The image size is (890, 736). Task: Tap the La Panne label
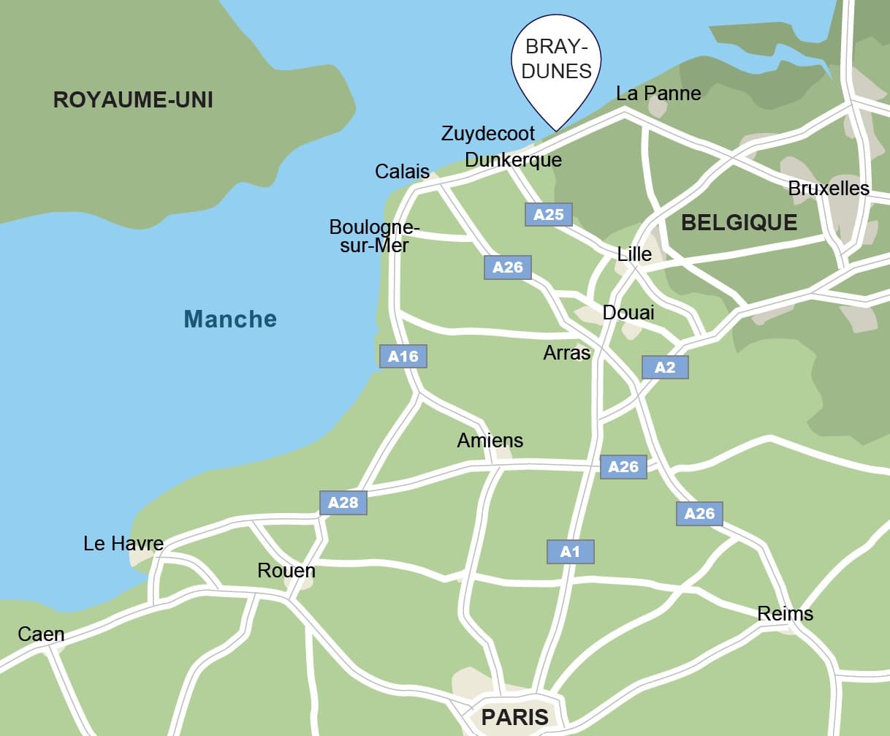point(658,94)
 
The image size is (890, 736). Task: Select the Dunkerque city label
point(513,160)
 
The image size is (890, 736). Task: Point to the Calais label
point(402,172)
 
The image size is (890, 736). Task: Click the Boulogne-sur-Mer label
point(374,236)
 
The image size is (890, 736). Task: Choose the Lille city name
point(634,254)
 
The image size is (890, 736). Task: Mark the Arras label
point(566,353)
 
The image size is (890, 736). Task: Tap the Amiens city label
point(490,441)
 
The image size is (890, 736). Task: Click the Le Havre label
point(123,544)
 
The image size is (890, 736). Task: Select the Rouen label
point(286,571)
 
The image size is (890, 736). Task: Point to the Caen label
point(41,634)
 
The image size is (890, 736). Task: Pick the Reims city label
point(785,614)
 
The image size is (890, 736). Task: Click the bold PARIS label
point(514,717)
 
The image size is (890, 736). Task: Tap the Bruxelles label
point(828,189)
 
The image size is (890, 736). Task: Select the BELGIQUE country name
point(739,223)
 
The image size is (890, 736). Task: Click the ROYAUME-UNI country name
point(133,100)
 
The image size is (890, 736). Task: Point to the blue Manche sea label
point(230,319)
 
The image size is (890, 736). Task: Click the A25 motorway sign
point(549,215)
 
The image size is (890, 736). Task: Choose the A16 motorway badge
point(403,357)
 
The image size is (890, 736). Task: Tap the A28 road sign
point(343,503)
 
